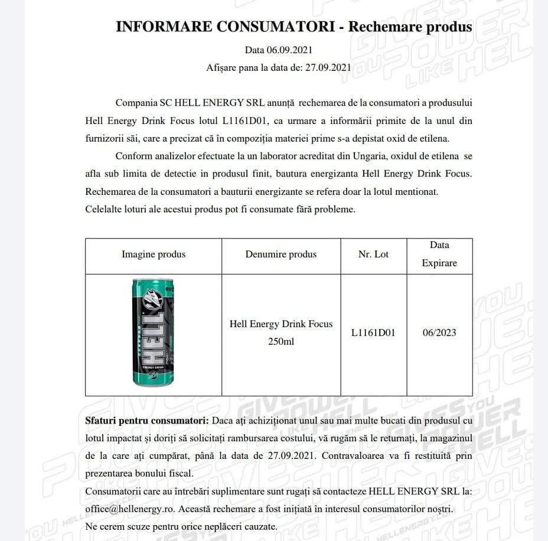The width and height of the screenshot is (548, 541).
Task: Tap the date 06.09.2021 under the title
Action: pyautogui.click(x=291, y=50)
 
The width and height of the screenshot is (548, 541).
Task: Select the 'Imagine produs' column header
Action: pyautogui.click(x=154, y=255)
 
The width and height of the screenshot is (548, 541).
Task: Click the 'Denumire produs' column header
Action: pyautogui.click(x=281, y=255)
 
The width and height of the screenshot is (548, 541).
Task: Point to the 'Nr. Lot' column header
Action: pyautogui.click(x=373, y=255)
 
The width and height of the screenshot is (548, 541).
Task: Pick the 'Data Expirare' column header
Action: pyautogui.click(x=439, y=254)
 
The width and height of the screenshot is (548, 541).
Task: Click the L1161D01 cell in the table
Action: pyautogui.click(x=373, y=333)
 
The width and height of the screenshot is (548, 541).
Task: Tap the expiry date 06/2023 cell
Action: pyautogui.click(x=439, y=333)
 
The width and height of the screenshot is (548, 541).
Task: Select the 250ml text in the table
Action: pyautogui.click(x=281, y=341)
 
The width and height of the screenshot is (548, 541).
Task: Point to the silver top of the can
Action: pyautogui.click(x=153, y=282)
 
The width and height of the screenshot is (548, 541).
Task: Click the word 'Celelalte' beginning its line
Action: pyautogui.click(x=105, y=209)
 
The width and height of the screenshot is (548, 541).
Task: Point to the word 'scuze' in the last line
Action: pyautogui.click(x=141, y=526)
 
